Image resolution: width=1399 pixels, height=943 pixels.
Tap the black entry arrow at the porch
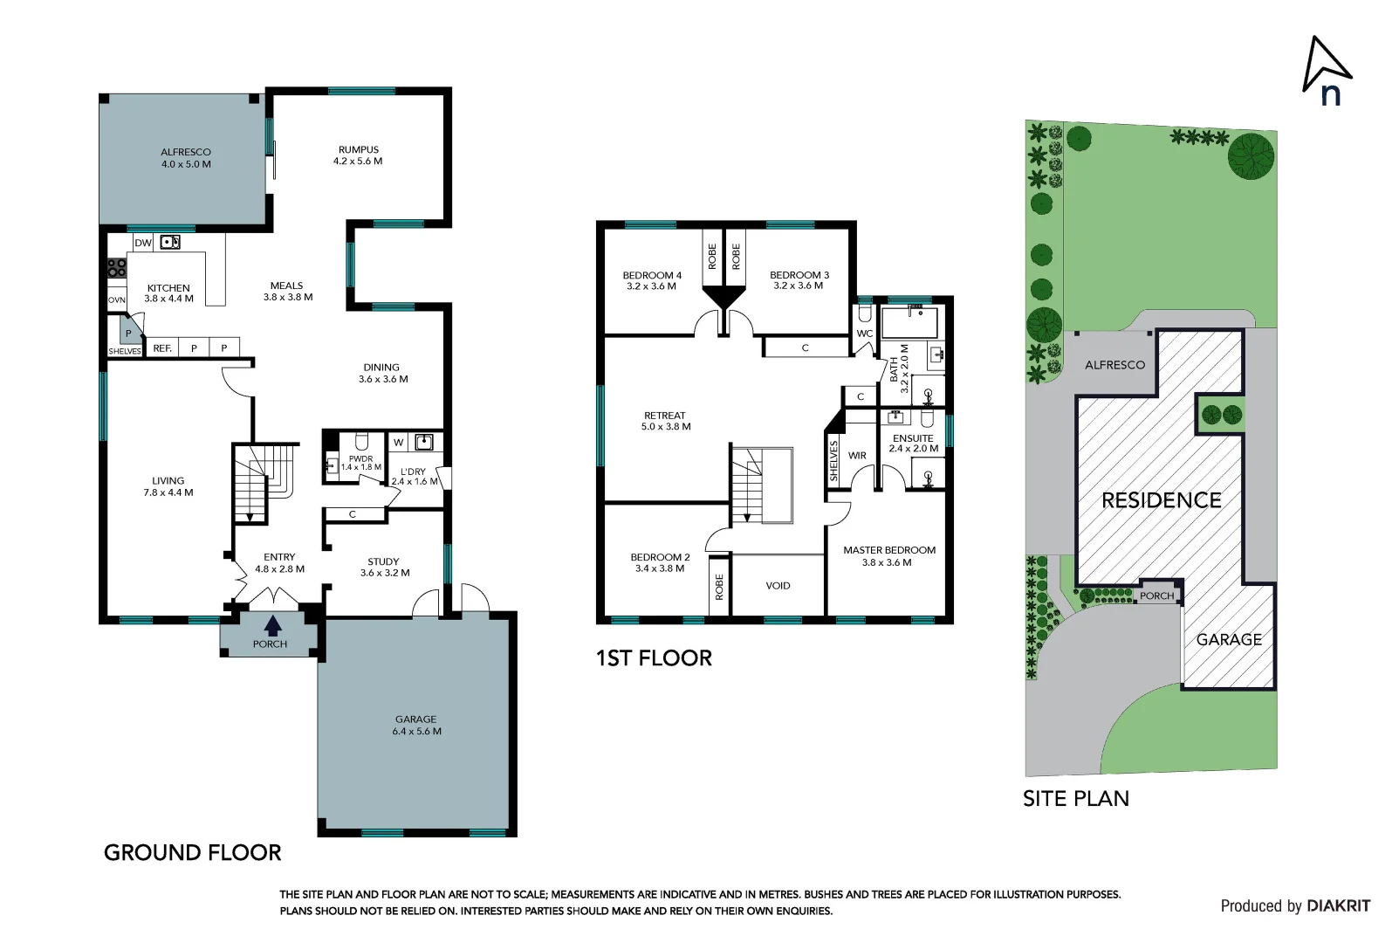coord(272,625)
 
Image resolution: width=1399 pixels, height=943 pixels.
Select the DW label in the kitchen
coord(143,243)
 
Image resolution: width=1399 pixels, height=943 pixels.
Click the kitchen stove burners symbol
coord(116,268)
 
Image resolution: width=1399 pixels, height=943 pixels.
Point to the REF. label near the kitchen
coord(162,348)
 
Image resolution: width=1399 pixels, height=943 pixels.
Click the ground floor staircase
coord(264,483)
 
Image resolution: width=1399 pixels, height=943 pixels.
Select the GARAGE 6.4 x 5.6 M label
coord(416,725)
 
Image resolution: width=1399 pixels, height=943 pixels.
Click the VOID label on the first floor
coord(778,586)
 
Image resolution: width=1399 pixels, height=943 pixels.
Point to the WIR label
coord(857,456)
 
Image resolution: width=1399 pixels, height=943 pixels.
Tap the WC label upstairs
coord(864,334)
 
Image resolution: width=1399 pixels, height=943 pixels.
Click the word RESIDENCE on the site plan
coord(1161,500)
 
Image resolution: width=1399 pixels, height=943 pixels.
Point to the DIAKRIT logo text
coord(1338,906)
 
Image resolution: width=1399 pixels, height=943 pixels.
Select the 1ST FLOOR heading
coord(654,658)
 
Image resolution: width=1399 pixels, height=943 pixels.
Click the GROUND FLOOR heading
coord(192,852)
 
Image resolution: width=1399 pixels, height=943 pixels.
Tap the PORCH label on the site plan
coord(1156,595)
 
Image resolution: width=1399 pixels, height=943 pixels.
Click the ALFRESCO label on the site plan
coord(1114,365)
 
